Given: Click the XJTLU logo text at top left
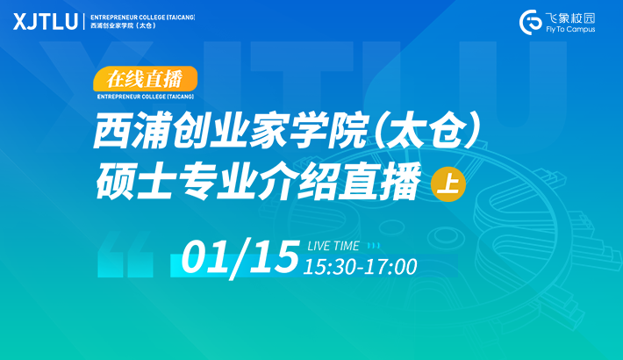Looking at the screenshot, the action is (46, 21).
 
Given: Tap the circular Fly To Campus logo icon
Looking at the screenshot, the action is (531, 22).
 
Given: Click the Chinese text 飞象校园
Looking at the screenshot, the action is (570, 18).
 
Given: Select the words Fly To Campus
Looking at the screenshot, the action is (570, 30).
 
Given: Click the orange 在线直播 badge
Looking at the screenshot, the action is (145, 79).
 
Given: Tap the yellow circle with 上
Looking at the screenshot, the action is (448, 184).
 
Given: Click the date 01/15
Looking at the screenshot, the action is (240, 256).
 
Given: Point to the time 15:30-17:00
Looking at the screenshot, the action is (360, 267).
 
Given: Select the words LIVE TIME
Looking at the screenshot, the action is (333, 246).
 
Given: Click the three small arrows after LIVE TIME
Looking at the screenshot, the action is (374, 246).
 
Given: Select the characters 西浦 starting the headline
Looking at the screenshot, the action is (132, 131).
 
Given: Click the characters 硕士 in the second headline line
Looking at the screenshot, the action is (135, 182).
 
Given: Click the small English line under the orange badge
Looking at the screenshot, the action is (146, 97).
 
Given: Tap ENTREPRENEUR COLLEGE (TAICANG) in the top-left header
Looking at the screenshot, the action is (143, 18).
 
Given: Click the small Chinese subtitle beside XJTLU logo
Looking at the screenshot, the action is (123, 25).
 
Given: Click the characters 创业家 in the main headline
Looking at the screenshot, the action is (231, 131).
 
